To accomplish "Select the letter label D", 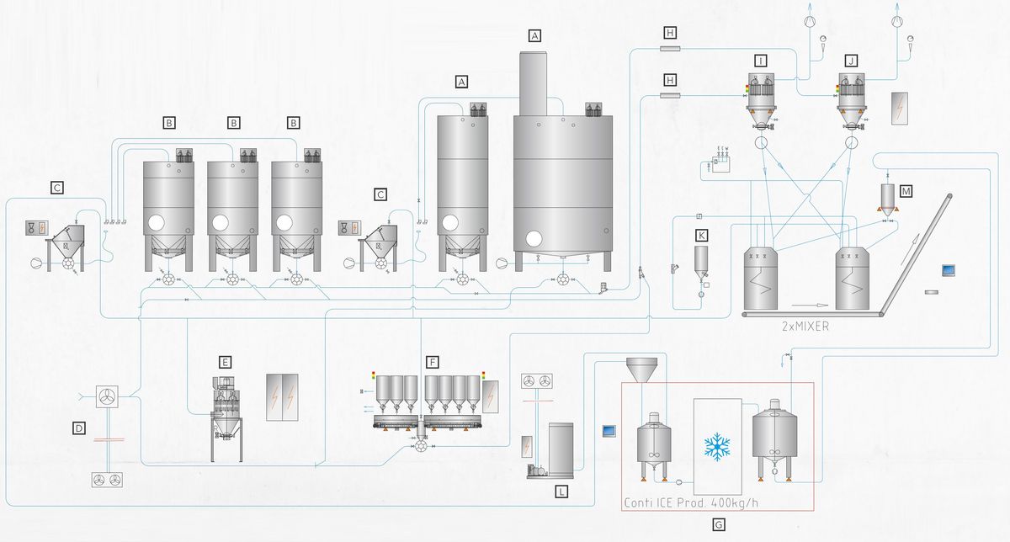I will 79,429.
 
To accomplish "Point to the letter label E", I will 225,362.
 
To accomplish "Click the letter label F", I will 433,362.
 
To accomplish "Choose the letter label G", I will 718,524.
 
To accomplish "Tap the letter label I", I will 761,61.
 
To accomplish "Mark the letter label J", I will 852,61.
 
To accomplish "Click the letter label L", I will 561,491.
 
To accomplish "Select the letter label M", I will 906,191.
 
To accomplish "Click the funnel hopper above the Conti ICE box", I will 642,370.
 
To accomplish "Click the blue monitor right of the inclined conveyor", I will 949,270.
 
